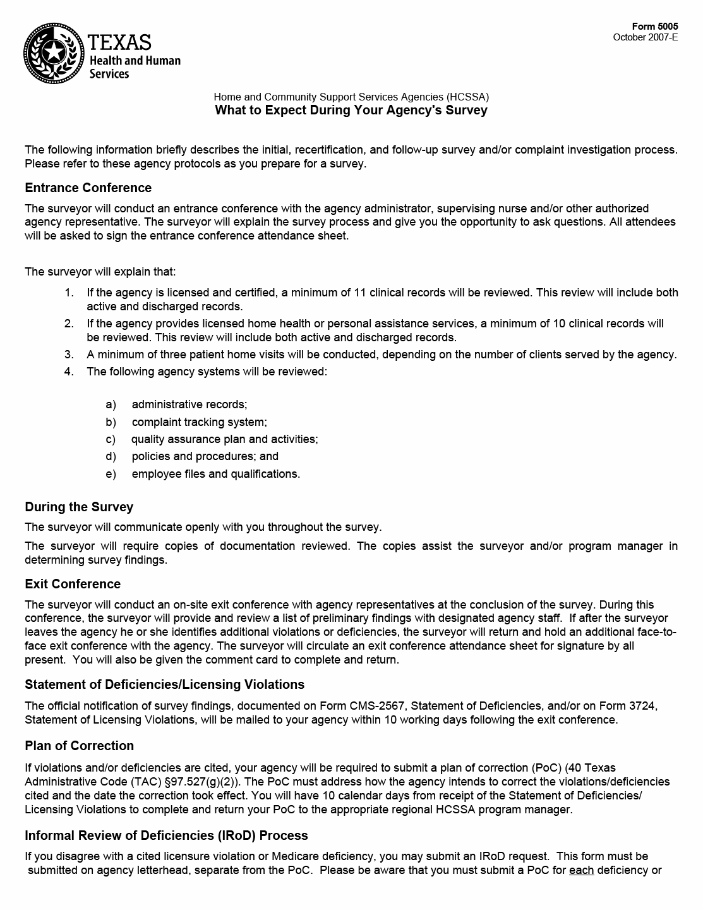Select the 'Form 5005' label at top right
point(655,27)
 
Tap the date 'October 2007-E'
point(646,37)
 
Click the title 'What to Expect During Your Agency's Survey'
point(351,111)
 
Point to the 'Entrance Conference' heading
point(88,188)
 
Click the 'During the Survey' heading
point(79,507)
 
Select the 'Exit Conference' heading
point(73,584)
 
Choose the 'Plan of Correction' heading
point(80,746)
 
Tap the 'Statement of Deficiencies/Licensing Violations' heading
point(164,684)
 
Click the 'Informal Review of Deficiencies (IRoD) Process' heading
point(166,835)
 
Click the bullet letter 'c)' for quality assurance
point(111,439)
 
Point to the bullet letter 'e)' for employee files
point(111,474)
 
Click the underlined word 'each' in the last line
point(581,870)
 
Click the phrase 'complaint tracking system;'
point(199,422)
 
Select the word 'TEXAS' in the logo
point(120,42)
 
